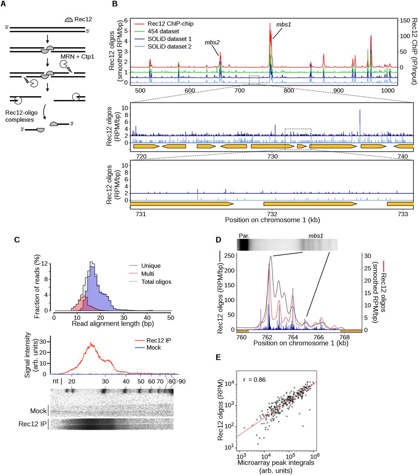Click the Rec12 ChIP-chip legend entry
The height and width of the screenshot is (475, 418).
[x=170, y=24]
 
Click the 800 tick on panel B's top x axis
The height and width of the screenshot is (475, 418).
[x=289, y=90]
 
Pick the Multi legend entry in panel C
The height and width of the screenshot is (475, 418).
[x=147, y=274]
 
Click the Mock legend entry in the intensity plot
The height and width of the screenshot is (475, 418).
[x=154, y=348]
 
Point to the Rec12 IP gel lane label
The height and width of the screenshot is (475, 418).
[x=33, y=423]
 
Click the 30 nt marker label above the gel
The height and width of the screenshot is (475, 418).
[x=105, y=381]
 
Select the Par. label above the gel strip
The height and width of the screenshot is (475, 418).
[x=244, y=236]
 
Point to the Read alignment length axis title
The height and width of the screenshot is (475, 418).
[x=112, y=324]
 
